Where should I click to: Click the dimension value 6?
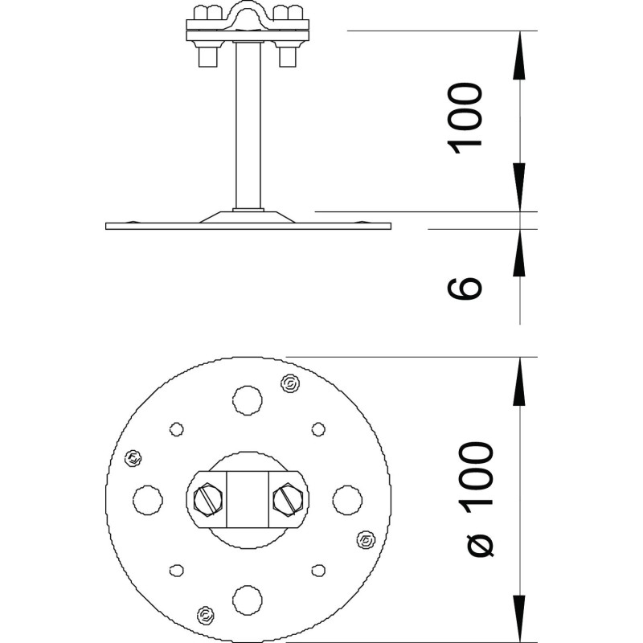coord(464,289)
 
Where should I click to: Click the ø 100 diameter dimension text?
coord(477,499)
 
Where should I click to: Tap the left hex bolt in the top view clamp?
coord(208,499)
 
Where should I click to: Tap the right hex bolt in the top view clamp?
coord(288,499)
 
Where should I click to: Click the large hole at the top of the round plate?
coord(248,400)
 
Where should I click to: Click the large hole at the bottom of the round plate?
coord(248,600)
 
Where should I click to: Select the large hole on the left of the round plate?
coord(148,500)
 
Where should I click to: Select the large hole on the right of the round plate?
coord(347,500)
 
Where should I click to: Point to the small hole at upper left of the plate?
coord(176,429)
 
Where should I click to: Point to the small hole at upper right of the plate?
coord(318,429)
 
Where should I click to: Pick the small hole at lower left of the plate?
coord(176,571)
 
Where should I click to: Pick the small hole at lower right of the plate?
coord(318,571)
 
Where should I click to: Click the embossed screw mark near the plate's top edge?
coord(290,384)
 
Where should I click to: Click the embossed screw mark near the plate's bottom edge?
coord(205,615)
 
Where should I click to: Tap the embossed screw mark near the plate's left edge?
coord(133,457)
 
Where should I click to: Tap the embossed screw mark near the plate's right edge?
coord(365,540)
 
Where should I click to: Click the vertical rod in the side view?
coord(248,125)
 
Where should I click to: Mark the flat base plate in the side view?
coord(248,226)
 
